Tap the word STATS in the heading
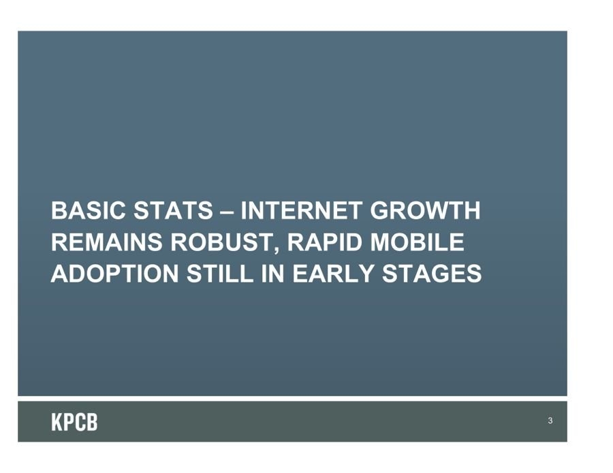[x=173, y=210]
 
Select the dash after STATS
[x=227, y=212]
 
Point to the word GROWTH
[x=425, y=210]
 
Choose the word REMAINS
[x=106, y=242]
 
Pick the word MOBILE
[x=417, y=242]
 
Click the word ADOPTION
[x=114, y=274]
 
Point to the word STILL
[x=220, y=274]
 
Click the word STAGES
[x=432, y=274]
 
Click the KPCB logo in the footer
[x=74, y=422]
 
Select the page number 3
[x=550, y=421]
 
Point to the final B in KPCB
[x=92, y=422]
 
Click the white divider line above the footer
[x=292, y=398]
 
